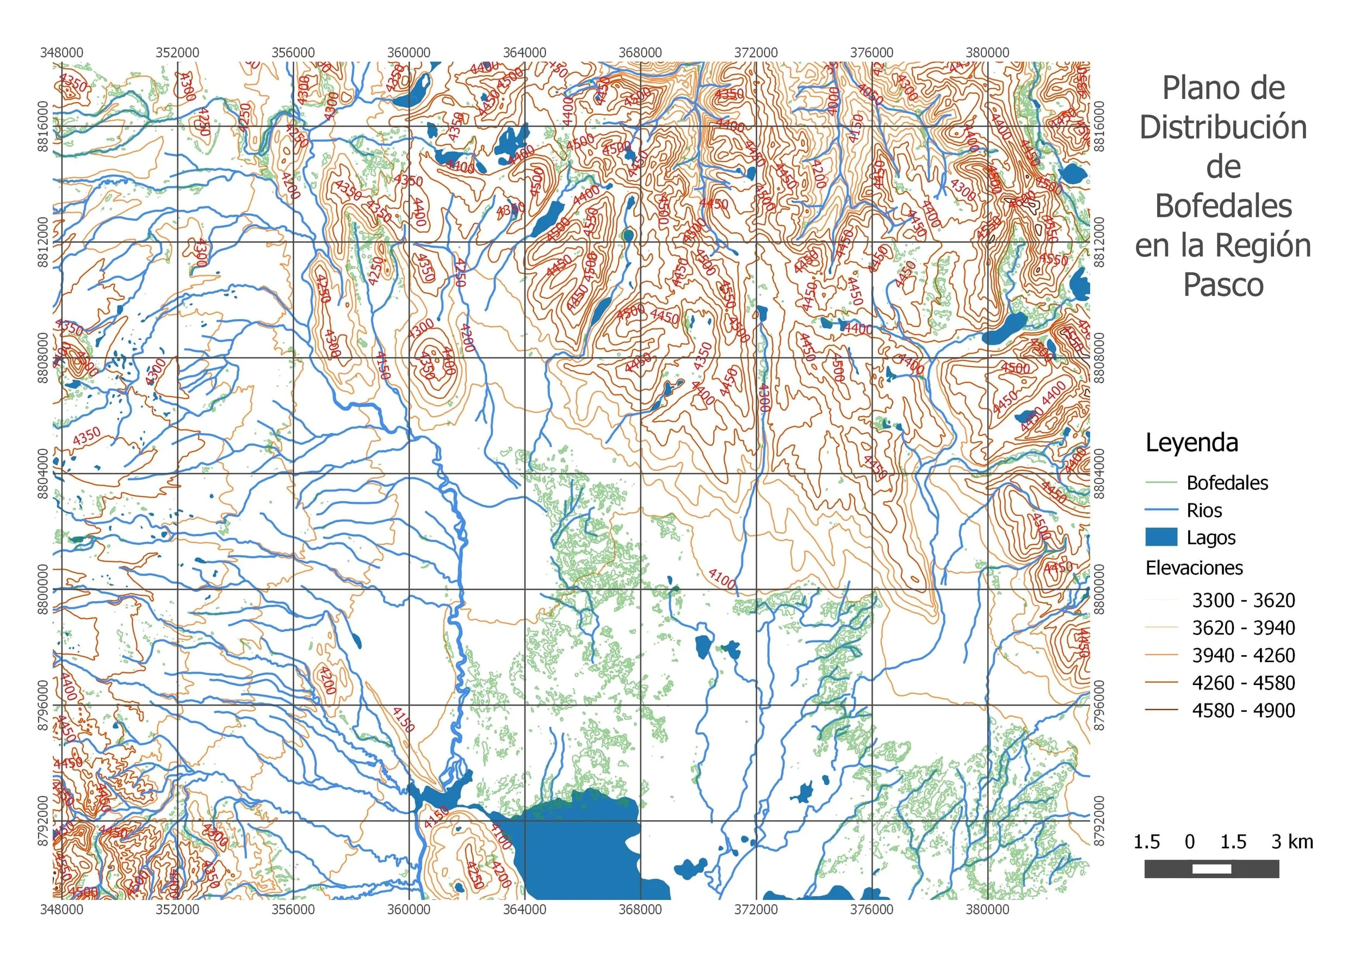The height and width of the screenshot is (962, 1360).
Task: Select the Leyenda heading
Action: point(1191,442)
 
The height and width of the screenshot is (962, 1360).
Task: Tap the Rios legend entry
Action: point(1204,510)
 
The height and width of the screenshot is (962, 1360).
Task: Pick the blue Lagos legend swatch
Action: point(1161,537)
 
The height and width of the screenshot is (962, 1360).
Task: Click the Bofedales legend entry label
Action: point(1227,483)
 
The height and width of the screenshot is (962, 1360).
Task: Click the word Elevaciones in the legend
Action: point(1194,568)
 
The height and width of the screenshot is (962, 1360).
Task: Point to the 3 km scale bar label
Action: point(1292,842)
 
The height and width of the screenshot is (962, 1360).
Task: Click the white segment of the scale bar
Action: point(1211,869)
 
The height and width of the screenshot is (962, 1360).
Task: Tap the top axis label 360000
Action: point(409,52)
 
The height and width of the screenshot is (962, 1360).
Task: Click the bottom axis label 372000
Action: point(756,909)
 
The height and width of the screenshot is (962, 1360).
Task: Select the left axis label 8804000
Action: point(42,473)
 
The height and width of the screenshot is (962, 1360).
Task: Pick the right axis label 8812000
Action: point(1099,242)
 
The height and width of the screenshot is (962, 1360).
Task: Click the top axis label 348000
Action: point(61,52)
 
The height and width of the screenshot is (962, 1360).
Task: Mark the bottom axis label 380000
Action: point(987,909)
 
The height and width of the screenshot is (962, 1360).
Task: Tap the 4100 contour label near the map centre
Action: point(722,579)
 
